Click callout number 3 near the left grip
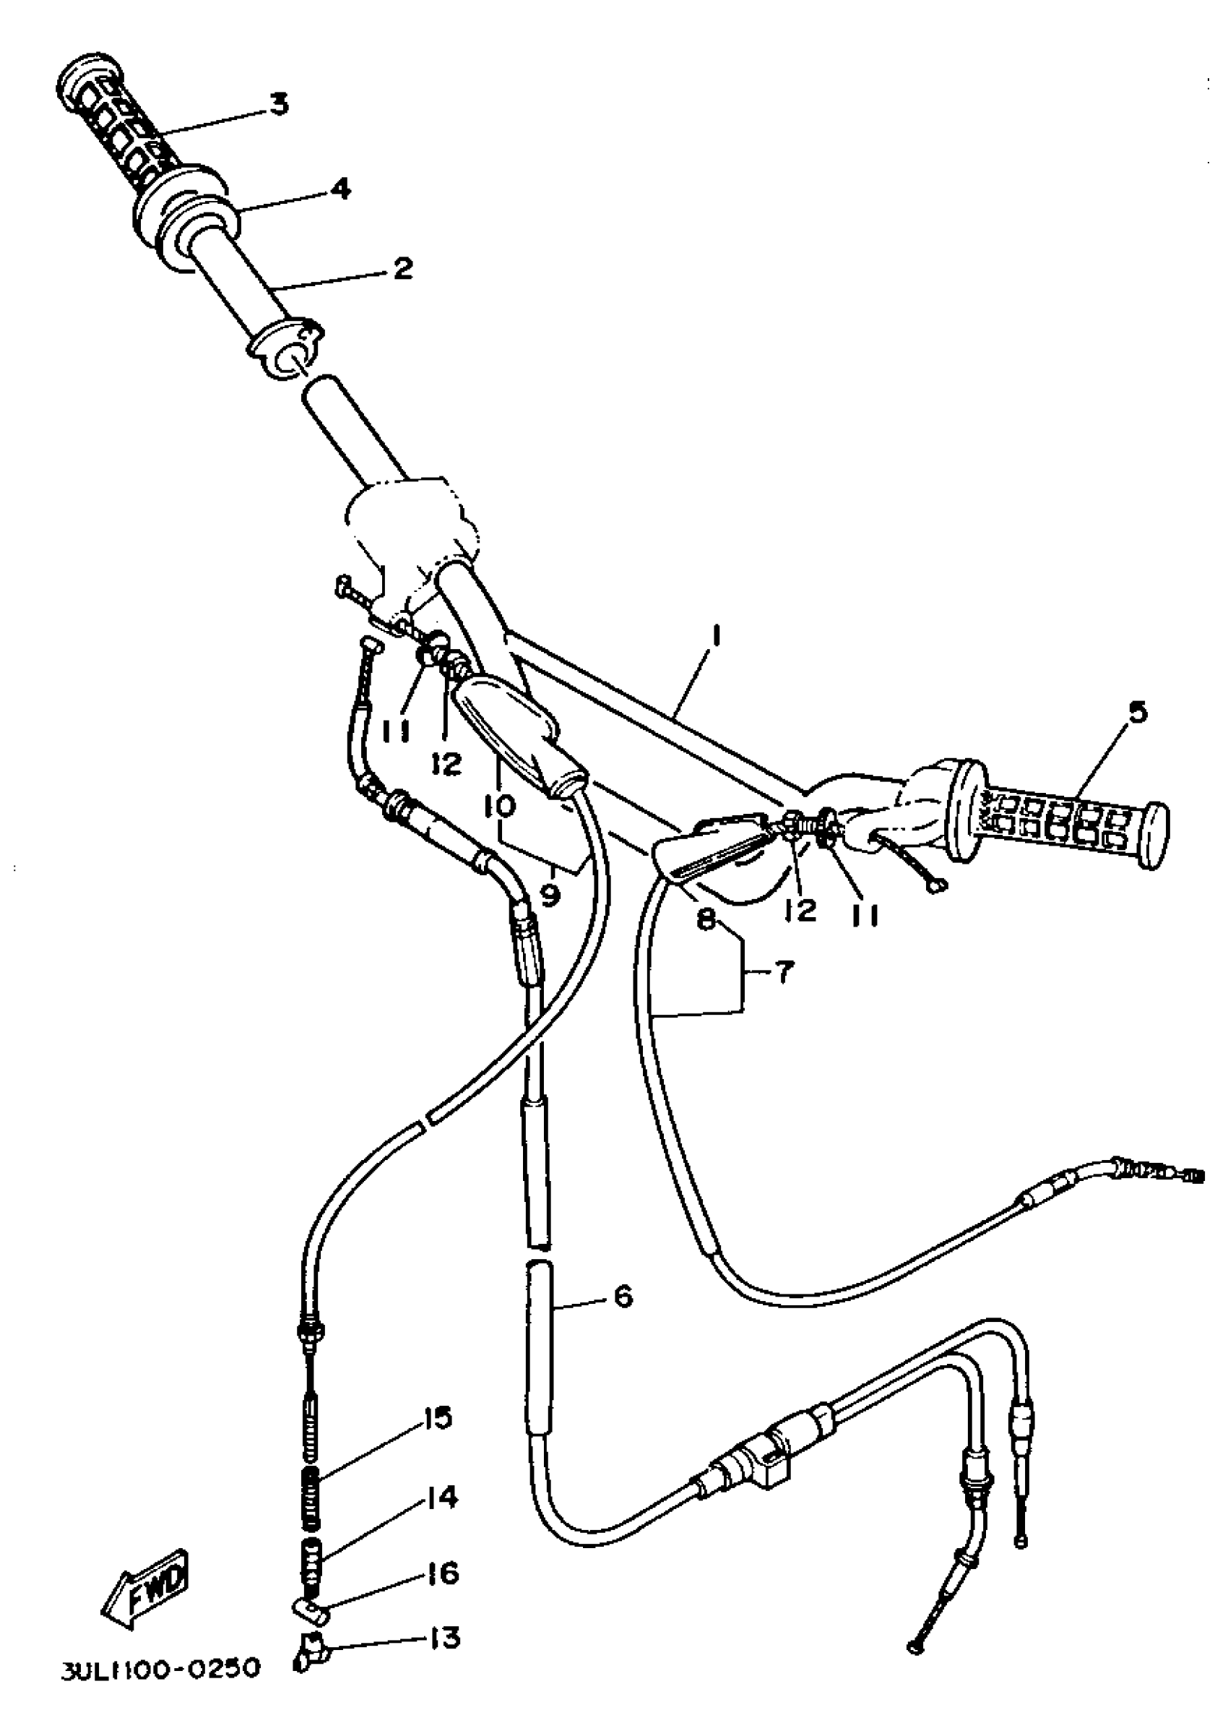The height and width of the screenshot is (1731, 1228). click(279, 103)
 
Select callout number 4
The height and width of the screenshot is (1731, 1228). click(341, 189)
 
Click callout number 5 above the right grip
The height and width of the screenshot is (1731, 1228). click(1137, 712)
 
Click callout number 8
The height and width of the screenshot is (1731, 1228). click(706, 921)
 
